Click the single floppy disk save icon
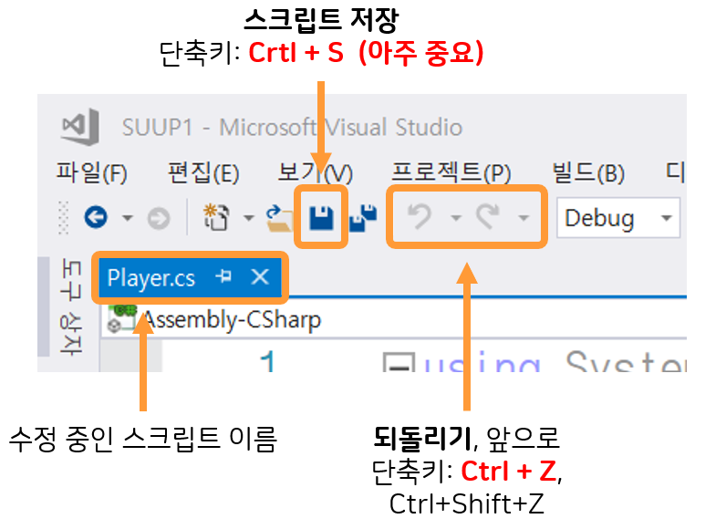click(x=320, y=218)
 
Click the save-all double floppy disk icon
click(x=363, y=218)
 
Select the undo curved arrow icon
click(x=420, y=218)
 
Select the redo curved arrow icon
click(x=489, y=218)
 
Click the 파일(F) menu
click(x=91, y=173)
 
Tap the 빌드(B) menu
click(x=587, y=173)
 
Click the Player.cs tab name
click(x=151, y=278)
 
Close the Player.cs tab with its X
click(x=260, y=277)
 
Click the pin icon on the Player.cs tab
click(x=224, y=277)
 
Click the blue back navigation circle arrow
click(x=97, y=218)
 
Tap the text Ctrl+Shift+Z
click(x=466, y=503)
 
